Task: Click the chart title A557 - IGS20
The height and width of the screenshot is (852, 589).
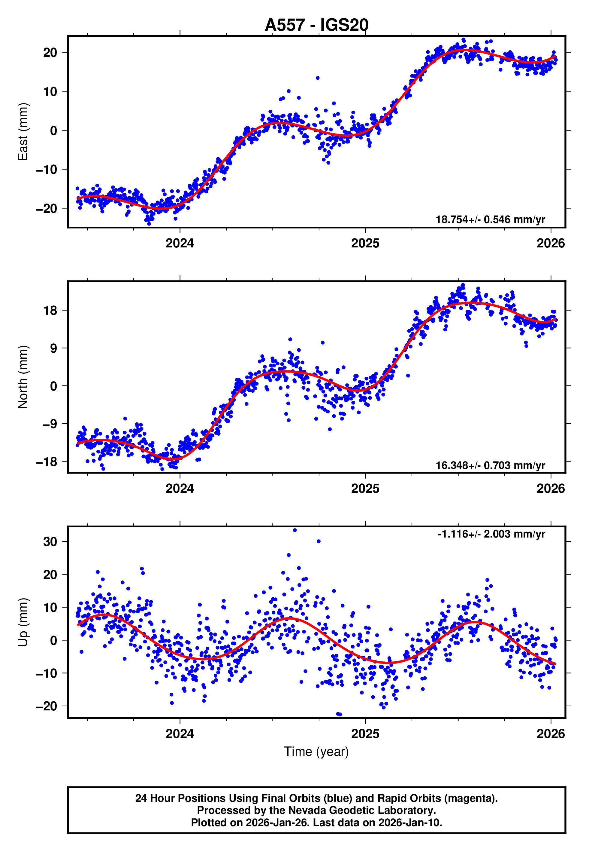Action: click(x=316, y=25)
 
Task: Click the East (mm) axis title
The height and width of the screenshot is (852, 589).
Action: click(x=23, y=132)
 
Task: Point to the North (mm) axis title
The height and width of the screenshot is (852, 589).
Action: click(x=23, y=377)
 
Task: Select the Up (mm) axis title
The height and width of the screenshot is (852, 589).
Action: click(x=23, y=622)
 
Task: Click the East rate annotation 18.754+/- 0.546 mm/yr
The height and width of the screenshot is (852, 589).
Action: click(x=490, y=219)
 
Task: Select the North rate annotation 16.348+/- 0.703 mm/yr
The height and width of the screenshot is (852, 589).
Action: click(x=490, y=465)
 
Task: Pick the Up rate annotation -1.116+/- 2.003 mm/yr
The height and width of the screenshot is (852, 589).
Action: click(x=491, y=534)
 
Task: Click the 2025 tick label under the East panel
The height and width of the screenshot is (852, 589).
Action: click(x=365, y=243)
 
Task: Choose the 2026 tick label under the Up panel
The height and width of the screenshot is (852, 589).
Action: click(x=550, y=734)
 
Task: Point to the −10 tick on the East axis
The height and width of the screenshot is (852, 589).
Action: click(x=47, y=170)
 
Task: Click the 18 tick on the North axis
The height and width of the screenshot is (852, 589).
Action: click(x=50, y=310)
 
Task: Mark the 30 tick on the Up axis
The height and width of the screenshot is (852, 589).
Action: click(x=50, y=542)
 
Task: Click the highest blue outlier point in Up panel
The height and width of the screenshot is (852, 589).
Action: click(x=294, y=530)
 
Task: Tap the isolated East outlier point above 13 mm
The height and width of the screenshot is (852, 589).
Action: click(x=317, y=78)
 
